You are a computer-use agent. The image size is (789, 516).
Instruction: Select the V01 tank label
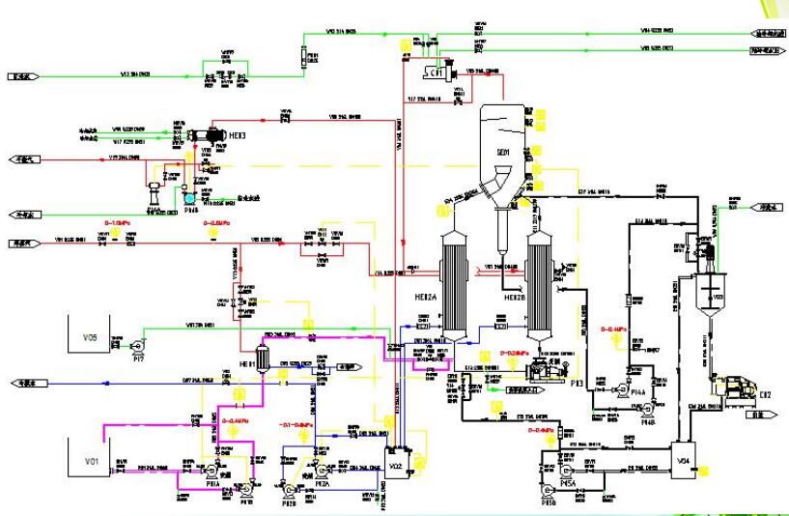click(x=91, y=462)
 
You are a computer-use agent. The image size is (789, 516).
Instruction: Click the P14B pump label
click(x=647, y=421)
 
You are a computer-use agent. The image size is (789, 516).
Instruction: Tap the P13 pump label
click(x=578, y=384)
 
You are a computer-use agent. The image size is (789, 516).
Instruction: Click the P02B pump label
click(x=289, y=503)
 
